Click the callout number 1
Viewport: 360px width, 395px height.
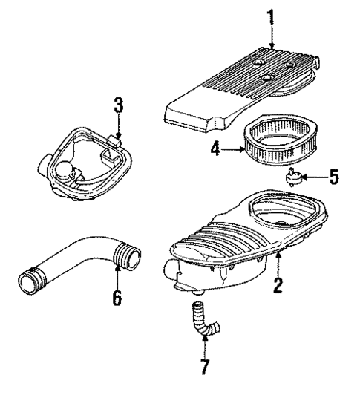coord(271,16)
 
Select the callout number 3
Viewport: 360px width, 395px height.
coord(117,105)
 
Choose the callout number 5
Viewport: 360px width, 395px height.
coord(334,177)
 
